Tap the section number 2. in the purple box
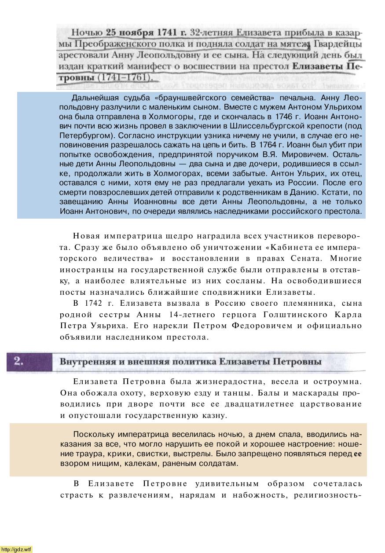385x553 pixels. click(x=18, y=361)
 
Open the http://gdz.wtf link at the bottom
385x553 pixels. click(x=16, y=549)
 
